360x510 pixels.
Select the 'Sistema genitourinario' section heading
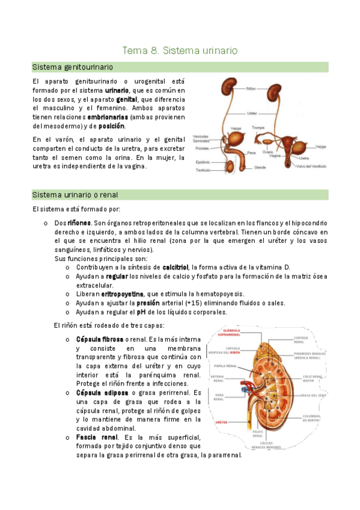click(x=73, y=67)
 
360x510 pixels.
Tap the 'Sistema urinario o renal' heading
click(x=75, y=195)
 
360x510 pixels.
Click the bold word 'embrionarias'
click(x=107, y=117)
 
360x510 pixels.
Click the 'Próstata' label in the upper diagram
click(x=202, y=147)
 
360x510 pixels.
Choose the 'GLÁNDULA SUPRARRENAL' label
click(x=231, y=332)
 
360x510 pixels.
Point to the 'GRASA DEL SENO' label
click(x=314, y=395)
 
